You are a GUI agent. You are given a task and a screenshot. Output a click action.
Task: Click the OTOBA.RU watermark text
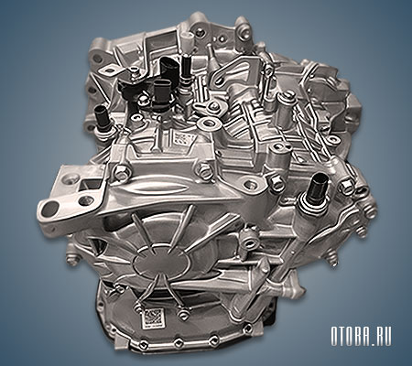(x=361, y=337)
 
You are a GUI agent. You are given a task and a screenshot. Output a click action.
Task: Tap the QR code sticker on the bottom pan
(x=151, y=319)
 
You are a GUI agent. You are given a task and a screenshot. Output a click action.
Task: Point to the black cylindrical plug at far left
(x=102, y=116)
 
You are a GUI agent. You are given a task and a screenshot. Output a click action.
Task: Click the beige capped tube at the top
(x=187, y=38)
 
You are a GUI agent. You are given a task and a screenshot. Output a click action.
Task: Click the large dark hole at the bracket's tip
(x=49, y=210)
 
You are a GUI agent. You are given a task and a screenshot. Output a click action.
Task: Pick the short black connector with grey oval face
(x=160, y=92)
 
